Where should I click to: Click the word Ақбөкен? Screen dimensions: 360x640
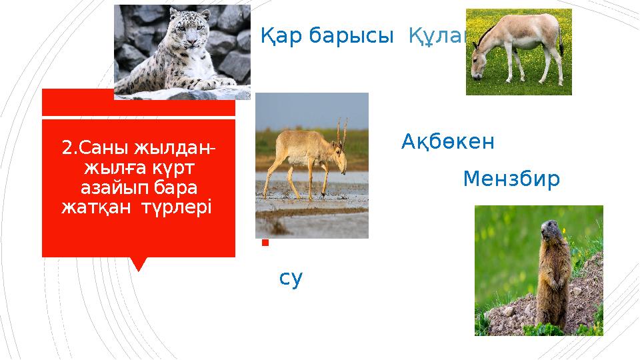[x=447, y=142]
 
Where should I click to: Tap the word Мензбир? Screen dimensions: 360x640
[x=511, y=179]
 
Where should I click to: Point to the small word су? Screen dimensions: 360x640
[x=291, y=279]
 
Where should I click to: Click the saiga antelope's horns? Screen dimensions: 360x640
[x=342, y=130]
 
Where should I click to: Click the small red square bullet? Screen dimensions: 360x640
[x=265, y=243]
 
